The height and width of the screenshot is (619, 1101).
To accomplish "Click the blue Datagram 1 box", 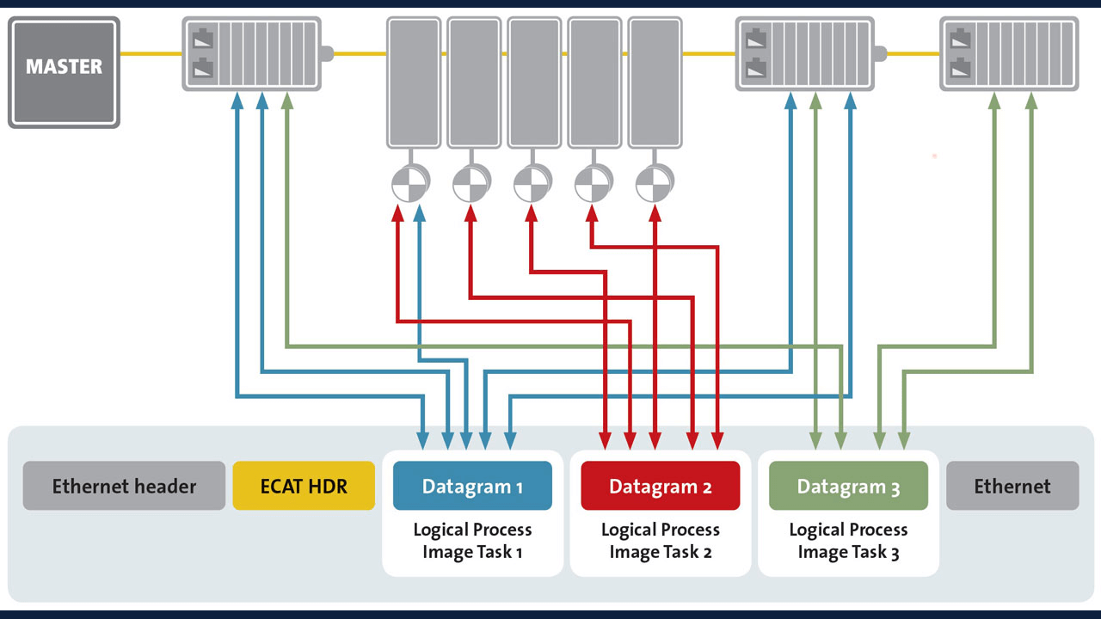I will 472,486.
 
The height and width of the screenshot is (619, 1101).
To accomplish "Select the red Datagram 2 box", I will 660,486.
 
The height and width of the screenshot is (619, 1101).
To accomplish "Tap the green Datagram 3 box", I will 848,486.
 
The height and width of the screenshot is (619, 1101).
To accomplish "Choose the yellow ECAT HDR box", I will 304,486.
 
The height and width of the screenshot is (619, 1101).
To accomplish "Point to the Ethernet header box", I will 124,486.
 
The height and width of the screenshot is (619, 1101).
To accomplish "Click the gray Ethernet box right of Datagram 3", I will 1012,486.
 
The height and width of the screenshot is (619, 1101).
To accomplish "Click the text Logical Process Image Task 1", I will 472,541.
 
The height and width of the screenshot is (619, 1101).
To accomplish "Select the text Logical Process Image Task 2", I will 660,541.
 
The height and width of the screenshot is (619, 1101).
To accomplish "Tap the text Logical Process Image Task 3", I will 848,541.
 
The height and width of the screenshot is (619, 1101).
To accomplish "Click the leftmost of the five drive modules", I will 413,82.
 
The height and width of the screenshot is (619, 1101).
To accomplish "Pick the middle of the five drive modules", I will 534,82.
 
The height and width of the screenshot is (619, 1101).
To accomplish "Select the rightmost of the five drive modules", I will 655,82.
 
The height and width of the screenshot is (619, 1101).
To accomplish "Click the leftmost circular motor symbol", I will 409,183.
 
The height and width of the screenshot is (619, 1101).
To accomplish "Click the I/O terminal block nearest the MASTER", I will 251,54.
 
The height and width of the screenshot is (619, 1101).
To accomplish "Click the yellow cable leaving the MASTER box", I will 151,54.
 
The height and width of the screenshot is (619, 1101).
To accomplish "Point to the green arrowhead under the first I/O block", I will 287,101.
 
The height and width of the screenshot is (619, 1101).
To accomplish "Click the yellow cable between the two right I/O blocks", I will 912,54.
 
